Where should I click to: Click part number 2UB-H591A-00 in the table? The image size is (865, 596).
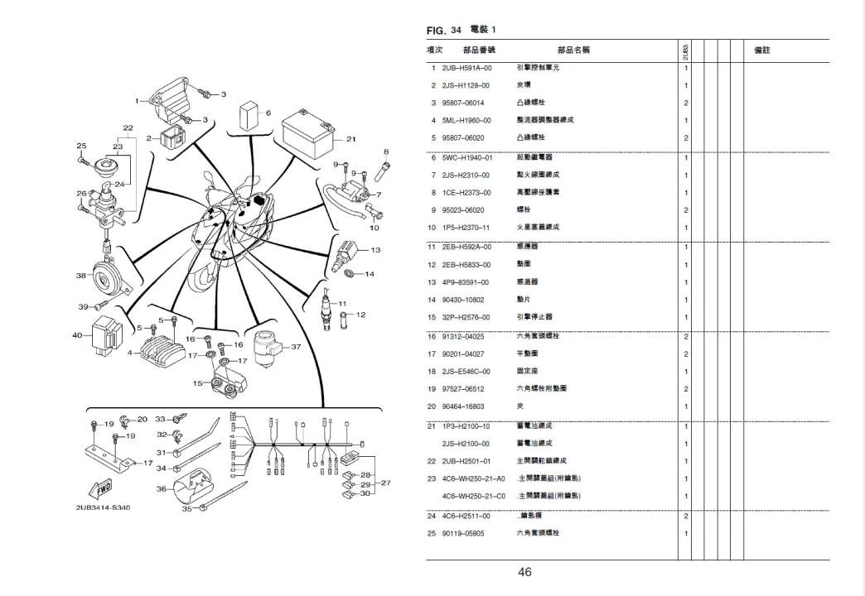click(x=467, y=67)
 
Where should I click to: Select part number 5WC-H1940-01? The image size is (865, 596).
click(x=467, y=156)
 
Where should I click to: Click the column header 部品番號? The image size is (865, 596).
click(x=478, y=50)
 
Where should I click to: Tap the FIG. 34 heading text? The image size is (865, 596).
click(x=444, y=31)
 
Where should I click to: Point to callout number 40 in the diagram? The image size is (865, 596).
click(x=77, y=335)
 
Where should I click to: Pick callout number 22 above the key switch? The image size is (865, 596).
click(x=128, y=127)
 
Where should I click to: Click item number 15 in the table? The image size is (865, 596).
click(x=432, y=317)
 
